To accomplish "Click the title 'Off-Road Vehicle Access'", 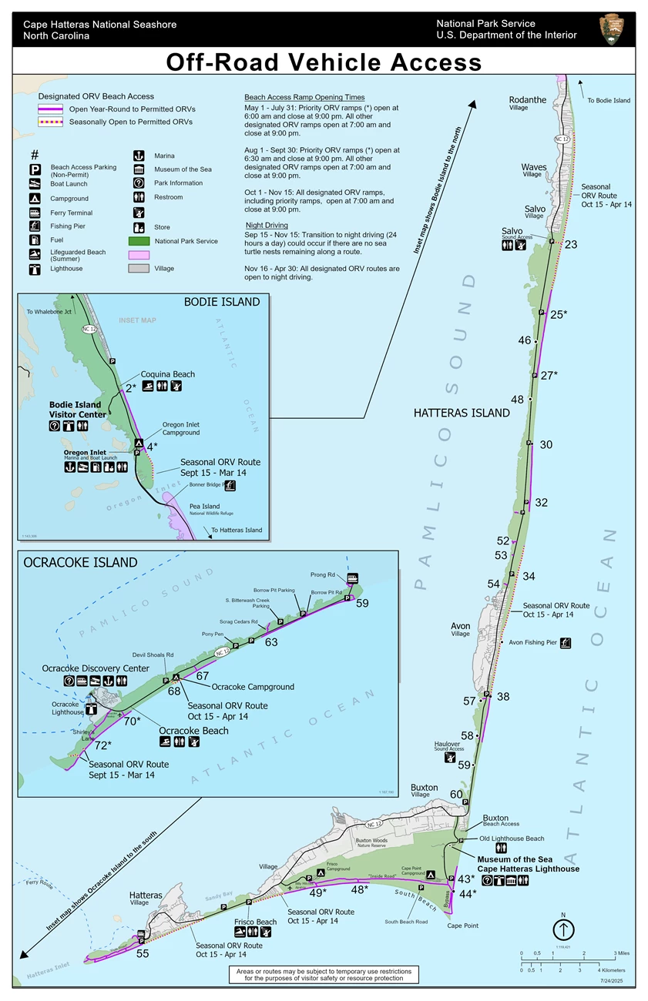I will pos(324,62).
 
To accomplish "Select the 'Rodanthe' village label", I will pos(528,101).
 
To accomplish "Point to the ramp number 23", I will pos(570,245).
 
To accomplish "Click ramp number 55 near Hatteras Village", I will pos(142,953).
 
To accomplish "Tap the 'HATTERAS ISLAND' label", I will pos(462,413).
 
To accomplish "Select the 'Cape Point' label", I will pos(462,926).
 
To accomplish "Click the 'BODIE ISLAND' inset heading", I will pos(221,302).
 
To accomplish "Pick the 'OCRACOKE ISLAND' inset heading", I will pos(80,562).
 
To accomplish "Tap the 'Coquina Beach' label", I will pos(167,374).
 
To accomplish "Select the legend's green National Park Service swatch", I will pos(139,241).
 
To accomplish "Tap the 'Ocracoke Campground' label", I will pos(252,687).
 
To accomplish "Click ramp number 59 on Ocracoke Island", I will pos(362,603).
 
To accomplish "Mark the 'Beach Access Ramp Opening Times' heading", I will pos(304,98).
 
